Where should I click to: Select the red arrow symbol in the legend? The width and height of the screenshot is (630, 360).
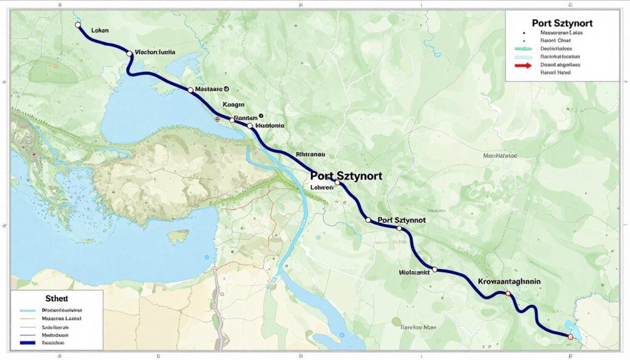[x=523, y=64]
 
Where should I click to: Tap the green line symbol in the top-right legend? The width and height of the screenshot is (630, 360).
[x=523, y=48]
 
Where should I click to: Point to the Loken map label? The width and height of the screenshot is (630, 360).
[x=99, y=29]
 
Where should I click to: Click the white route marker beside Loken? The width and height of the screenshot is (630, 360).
[x=78, y=25]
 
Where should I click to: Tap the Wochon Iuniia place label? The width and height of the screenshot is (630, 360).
[x=154, y=53]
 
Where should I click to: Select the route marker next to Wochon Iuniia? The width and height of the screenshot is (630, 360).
[x=129, y=54]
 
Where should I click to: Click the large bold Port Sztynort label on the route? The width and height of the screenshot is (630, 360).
[x=346, y=175]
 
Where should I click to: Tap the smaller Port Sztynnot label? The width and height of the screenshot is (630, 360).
[x=402, y=220]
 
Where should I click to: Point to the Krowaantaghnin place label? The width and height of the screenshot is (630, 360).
[x=509, y=281]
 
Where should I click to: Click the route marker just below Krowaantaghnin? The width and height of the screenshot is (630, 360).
[x=508, y=294]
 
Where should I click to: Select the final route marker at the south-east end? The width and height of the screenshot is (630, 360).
[x=570, y=337]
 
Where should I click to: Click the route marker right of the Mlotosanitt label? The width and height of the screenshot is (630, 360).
[x=434, y=270]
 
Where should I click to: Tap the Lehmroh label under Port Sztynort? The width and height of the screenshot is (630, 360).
[x=322, y=188]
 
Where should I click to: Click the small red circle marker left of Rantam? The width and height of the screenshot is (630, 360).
[x=217, y=119]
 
